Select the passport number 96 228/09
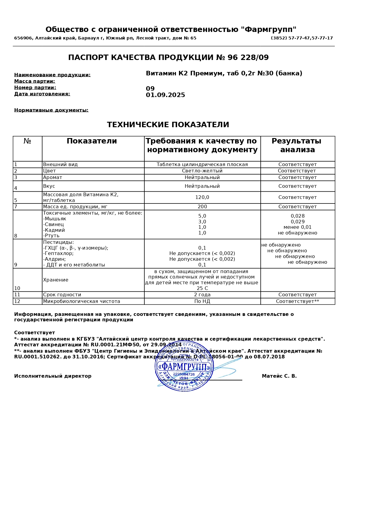[x=248, y=58]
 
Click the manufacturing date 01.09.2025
[x=165, y=95]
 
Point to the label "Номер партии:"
[x=35, y=88]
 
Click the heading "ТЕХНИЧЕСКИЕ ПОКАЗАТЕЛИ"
[x=168, y=125]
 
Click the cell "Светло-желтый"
[x=202, y=171]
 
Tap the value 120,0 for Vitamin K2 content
[x=202, y=197]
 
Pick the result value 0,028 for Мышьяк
[x=297, y=216]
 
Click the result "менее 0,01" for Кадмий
[x=297, y=227]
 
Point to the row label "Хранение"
[x=56, y=280]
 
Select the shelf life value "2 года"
[x=202, y=295]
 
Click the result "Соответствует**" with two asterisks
[x=297, y=301]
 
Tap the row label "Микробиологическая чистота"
[x=82, y=301]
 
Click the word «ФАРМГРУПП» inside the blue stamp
[x=184, y=367]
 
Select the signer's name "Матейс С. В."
[x=279, y=376]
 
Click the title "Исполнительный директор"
[x=53, y=376]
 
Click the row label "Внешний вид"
[x=60, y=165]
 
